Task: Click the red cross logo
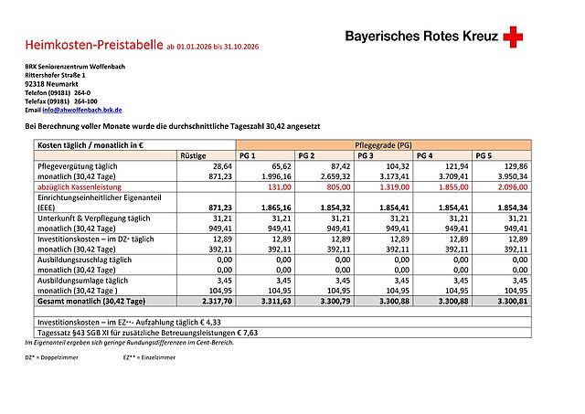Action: [x=515, y=37]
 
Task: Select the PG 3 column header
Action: [x=367, y=155]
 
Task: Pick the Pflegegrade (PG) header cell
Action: [x=381, y=145]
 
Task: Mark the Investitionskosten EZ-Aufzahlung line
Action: [x=126, y=323]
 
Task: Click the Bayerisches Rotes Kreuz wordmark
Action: [x=421, y=37]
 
